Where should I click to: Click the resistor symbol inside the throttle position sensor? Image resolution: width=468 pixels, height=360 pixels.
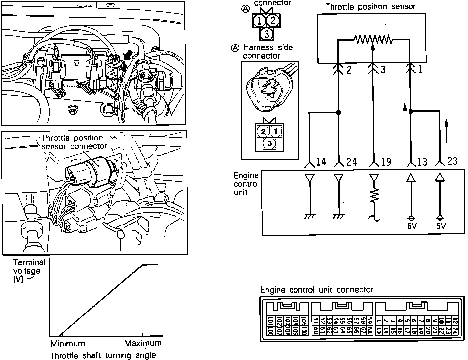372,39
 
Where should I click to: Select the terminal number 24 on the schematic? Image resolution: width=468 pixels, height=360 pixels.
351,162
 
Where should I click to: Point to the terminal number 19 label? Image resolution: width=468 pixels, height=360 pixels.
386,162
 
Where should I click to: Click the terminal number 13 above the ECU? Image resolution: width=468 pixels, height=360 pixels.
422,162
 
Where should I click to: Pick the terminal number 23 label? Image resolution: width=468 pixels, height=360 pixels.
452,161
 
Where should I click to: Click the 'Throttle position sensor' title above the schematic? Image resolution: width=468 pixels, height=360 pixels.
370,7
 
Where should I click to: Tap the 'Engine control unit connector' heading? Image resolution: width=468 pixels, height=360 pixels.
316,290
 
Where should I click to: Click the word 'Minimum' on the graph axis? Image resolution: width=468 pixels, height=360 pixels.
67,343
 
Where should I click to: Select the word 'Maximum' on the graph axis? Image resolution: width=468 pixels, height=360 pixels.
143,343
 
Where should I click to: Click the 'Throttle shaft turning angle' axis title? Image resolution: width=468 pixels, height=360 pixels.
103,355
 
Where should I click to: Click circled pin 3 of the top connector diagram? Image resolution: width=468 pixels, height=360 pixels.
266,33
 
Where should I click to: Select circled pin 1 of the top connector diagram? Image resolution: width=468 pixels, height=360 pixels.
259,21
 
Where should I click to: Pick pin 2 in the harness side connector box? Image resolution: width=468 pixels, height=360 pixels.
263,131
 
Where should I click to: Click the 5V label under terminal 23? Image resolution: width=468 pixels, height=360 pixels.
441,226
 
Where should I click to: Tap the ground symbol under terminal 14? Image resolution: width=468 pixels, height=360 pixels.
310,216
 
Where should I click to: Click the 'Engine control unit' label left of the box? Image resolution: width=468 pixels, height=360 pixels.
246,184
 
